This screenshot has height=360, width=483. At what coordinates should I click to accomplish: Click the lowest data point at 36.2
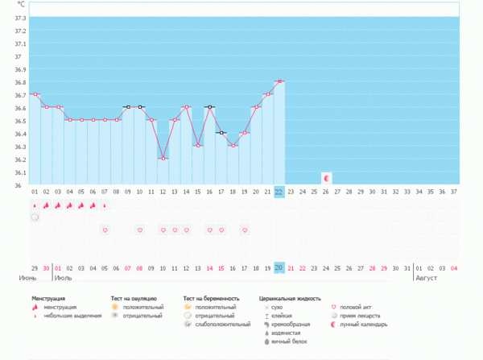click(163, 159)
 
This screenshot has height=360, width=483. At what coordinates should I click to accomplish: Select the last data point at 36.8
click(279, 81)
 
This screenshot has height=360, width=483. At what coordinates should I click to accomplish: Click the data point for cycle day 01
click(34, 94)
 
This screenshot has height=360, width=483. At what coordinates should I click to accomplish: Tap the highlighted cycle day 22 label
click(279, 192)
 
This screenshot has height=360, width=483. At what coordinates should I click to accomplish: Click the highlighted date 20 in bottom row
click(279, 267)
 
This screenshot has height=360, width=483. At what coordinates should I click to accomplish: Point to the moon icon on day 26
click(326, 177)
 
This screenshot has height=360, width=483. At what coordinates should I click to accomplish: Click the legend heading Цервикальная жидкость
click(289, 298)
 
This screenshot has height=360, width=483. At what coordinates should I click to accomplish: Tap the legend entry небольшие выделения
click(72, 316)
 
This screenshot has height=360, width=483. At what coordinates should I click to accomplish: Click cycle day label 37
click(454, 192)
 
